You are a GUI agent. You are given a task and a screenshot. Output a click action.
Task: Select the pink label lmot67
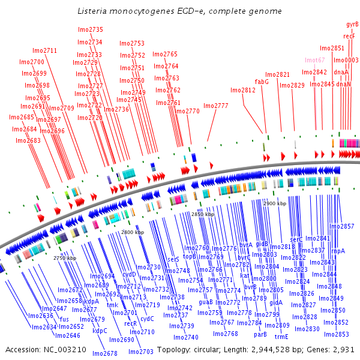[x=314, y=60]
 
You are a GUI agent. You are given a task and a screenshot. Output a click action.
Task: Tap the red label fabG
[x=262, y=81]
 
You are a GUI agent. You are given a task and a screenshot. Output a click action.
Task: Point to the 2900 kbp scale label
[x=275, y=204]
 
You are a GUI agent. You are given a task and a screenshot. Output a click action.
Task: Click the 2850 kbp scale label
[x=202, y=214]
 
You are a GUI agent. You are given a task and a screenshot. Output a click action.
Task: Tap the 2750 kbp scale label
[x=65, y=258]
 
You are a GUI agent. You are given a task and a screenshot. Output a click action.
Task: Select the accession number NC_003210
[x=61, y=349]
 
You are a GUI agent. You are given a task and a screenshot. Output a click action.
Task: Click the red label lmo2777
[x=216, y=106]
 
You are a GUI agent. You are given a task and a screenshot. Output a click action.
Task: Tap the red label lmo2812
[x=243, y=90]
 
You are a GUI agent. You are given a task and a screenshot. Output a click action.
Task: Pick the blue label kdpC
[x=100, y=330]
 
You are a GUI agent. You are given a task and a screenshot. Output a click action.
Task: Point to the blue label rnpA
[x=338, y=251]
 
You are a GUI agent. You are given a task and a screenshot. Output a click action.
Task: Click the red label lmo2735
[x=91, y=29]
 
